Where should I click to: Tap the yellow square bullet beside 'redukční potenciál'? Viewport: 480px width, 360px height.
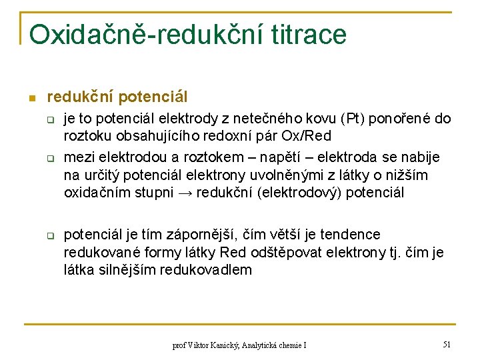pos(31,99)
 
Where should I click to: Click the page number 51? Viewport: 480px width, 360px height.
pos(447,345)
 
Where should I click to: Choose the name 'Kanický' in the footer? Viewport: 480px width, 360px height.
pos(220,345)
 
